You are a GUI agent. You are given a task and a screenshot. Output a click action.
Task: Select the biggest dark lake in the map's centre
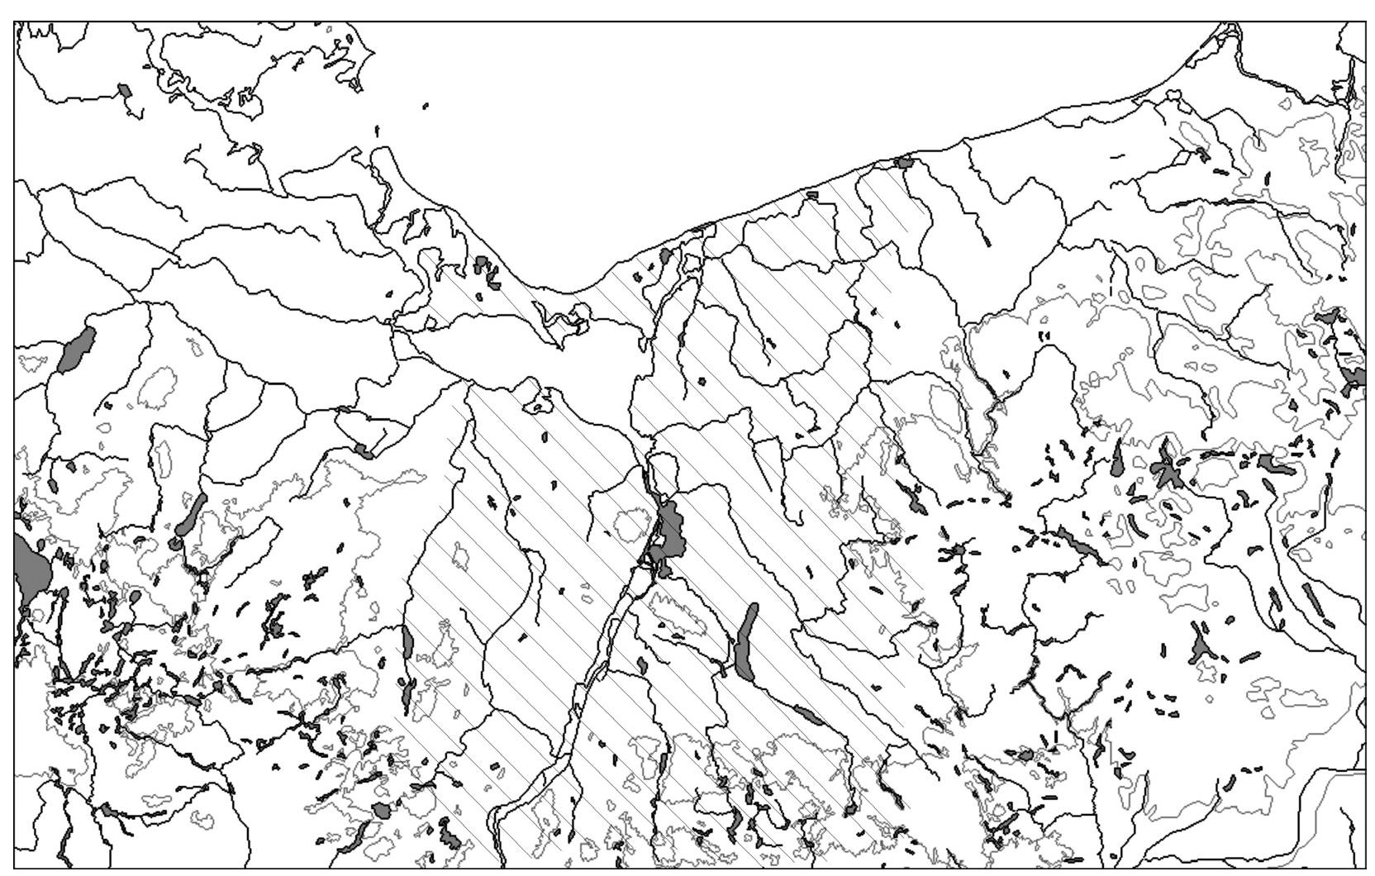[x=671, y=533]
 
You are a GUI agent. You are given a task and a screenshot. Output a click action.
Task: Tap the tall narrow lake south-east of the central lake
[x=745, y=641]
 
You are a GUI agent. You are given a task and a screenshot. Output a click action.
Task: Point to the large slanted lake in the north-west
[x=77, y=350]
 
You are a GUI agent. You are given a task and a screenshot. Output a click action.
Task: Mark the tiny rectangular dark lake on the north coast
[x=811, y=195]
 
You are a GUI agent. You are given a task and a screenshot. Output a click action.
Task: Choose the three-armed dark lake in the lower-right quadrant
[x=1201, y=645]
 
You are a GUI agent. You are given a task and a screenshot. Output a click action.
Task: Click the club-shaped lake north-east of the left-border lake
[x=189, y=517]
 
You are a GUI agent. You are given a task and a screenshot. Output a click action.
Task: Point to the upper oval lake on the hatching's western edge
[x=407, y=641]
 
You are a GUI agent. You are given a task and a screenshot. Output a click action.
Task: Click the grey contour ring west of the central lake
[x=632, y=524]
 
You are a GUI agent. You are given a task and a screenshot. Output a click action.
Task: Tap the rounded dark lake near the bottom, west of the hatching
[x=381, y=810]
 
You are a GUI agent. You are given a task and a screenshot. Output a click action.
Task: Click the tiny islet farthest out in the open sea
[x=426, y=106]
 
